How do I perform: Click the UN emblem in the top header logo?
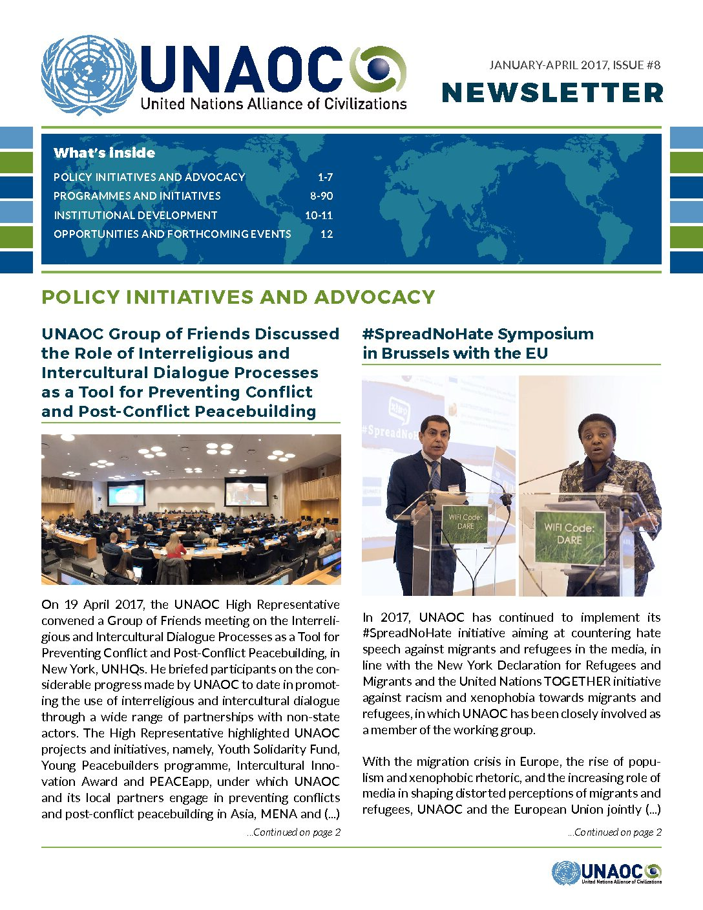89,76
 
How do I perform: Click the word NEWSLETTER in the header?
552,93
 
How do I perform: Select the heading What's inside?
104,153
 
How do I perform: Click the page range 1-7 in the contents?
325,177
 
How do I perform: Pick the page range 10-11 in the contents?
319,215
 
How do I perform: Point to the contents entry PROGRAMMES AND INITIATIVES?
137,196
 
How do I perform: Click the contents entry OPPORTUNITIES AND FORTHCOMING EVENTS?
172,234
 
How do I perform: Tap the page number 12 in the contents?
326,234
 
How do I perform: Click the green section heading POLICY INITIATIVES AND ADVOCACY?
238,297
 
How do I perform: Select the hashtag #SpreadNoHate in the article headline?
413,334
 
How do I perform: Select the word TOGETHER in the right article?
577,681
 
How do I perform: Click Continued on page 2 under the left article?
293,832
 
